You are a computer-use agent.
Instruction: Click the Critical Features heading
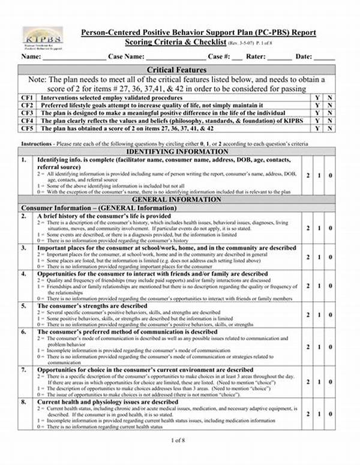[x=176, y=70]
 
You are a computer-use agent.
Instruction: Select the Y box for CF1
[x=317, y=97]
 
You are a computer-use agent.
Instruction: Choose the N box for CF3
[x=330, y=113]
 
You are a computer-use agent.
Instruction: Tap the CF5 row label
[x=28, y=128]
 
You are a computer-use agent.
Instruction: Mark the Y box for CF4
[x=317, y=121]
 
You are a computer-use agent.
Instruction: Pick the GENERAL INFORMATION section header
[x=176, y=199]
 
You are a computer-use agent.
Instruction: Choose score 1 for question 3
[x=319, y=255]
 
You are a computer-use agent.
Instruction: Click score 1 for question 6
[x=319, y=346]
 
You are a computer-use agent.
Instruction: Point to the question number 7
[x=24, y=370]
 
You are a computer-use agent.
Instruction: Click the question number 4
[x=24, y=273]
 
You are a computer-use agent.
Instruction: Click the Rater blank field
[x=280, y=58]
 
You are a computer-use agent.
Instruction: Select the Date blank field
[x=324, y=58]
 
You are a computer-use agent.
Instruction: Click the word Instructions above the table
[x=35, y=145]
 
